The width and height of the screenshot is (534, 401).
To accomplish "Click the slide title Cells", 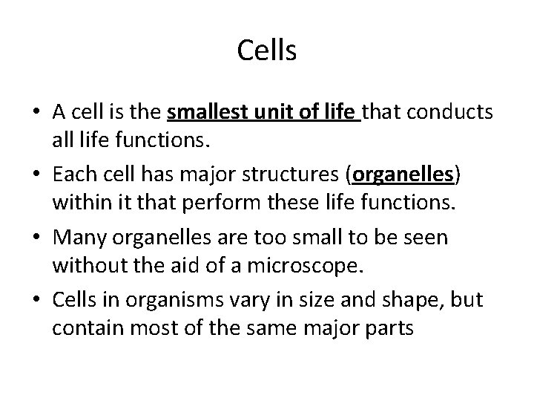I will coord(267,51).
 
